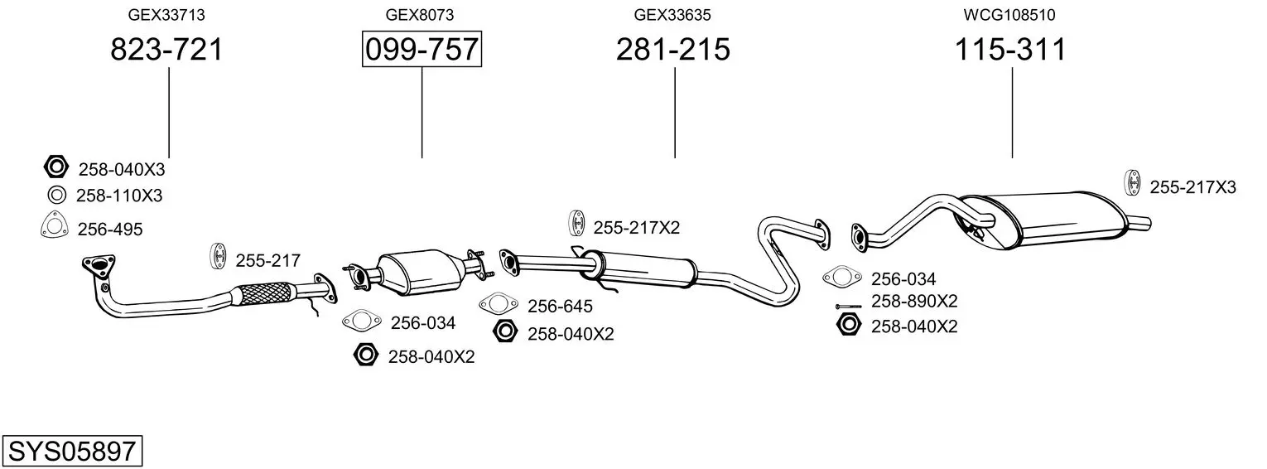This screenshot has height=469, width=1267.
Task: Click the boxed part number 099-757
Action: [422, 49]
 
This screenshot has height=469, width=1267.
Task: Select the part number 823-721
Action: [166, 49]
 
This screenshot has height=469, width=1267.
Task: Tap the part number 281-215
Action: [673, 49]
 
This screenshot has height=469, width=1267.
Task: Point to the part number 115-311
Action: [1010, 49]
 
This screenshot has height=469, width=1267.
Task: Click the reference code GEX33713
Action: [166, 15]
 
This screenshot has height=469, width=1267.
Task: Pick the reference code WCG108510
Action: [1009, 15]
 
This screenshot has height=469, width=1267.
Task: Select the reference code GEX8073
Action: [420, 15]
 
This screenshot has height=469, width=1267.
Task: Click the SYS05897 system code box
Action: [72, 451]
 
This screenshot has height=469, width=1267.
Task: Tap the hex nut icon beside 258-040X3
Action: [56, 167]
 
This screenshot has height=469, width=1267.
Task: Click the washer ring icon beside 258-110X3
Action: [56, 196]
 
